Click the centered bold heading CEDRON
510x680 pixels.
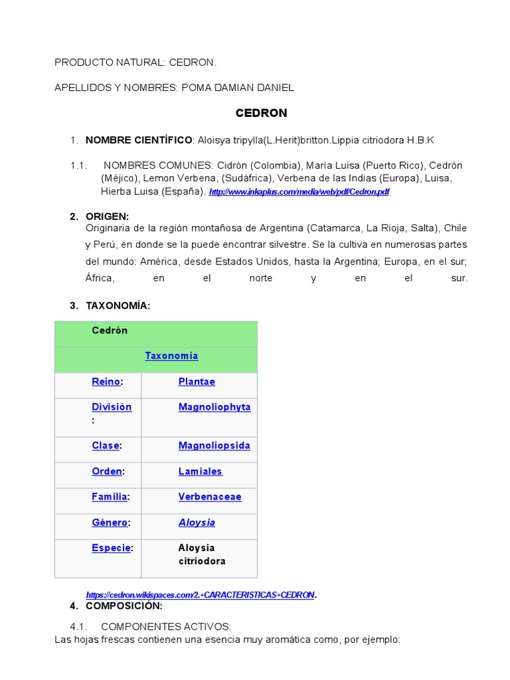[x=262, y=113]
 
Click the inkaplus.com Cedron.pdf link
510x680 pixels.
[x=299, y=192]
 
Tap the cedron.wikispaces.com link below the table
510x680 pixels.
[x=200, y=594]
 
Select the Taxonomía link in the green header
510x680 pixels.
[x=171, y=356]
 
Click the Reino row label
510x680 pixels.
[x=106, y=382]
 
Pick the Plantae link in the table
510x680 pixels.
[x=197, y=382]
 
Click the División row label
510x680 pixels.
[x=112, y=407]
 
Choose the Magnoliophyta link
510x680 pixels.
[x=214, y=407]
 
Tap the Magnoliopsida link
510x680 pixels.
[x=214, y=446]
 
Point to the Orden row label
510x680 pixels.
[x=107, y=471]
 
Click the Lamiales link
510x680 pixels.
[x=200, y=471]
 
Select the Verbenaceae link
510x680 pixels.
[x=209, y=497]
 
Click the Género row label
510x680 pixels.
[x=110, y=523]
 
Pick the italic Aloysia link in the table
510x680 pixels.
[x=197, y=523]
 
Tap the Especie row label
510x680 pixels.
[x=111, y=548]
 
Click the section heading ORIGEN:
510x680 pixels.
[x=108, y=216]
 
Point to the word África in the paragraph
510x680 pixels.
[x=100, y=278]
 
